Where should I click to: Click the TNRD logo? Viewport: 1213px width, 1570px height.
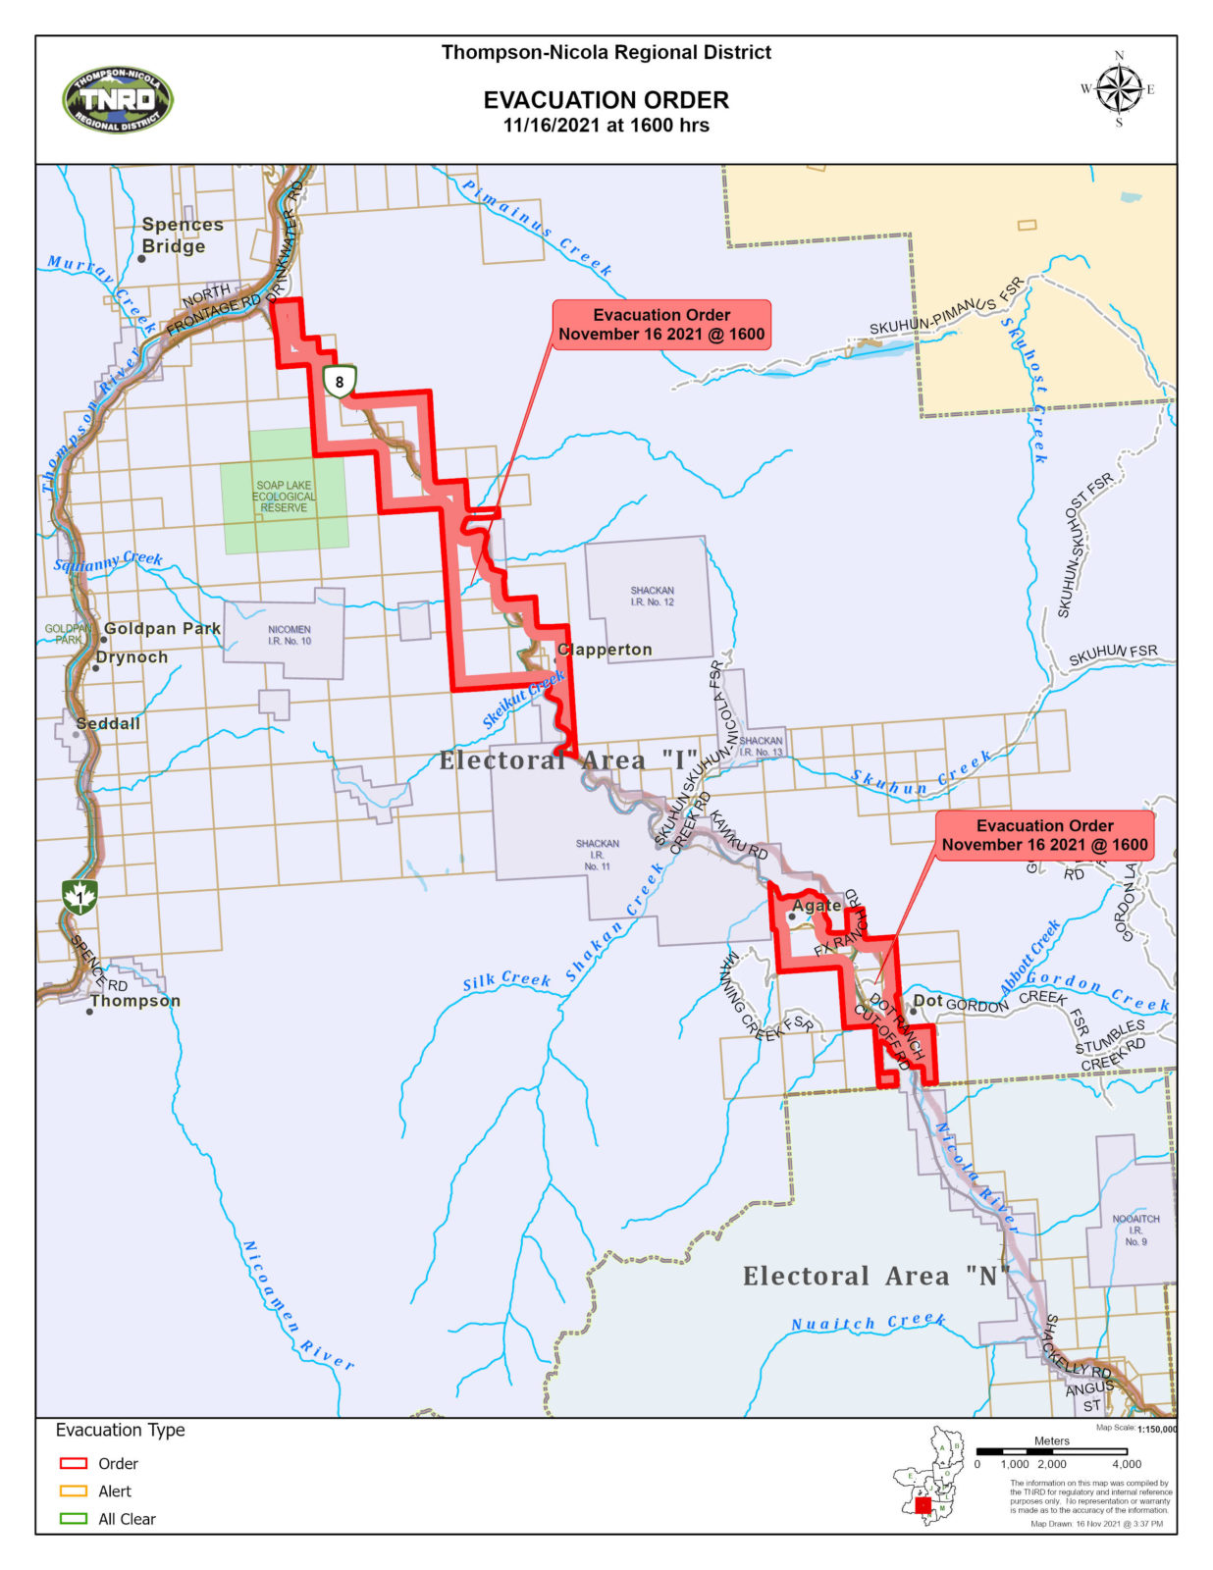(x=117, y=100)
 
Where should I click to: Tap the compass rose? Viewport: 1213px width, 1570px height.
(x=1118, y=89)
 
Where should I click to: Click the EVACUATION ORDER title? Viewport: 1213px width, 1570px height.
(x=606, y=100)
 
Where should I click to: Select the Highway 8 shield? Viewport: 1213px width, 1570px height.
(x=340, y=382)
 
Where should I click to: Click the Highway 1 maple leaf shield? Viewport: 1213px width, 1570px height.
(x=79, y=896)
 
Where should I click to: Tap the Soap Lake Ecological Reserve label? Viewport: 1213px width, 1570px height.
(x=284, y=497)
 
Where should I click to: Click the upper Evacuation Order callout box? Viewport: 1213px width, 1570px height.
(x=661, y=325)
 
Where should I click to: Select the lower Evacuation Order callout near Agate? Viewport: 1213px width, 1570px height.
(x=1044, y=835)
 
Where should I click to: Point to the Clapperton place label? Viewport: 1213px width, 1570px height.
(x=605, y=650)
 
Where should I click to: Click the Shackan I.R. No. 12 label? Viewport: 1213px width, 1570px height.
(x=652, y=597)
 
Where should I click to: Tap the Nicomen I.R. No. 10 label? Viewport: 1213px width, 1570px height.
(x=289, y=635)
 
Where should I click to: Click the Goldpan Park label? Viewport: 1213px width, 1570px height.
(x=162, y=628)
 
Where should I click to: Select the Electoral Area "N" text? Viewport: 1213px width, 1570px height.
(x=876, y=1276)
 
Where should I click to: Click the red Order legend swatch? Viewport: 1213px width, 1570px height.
(x=74, y=1463)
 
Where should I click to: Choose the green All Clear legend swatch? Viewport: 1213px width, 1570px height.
(x=74, y=1518)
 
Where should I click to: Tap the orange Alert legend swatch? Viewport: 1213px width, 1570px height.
(x=74, y=1491)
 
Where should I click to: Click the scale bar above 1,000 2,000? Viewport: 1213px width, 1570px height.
(x=1051, y=1451)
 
